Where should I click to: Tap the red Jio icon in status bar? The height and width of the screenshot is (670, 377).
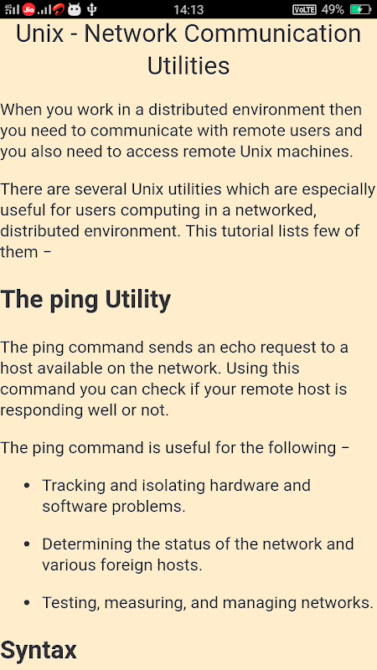tap(29, 9)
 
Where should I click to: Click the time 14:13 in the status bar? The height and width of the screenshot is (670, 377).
tap(188, 9)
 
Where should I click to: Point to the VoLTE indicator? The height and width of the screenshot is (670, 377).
tap(304, 9)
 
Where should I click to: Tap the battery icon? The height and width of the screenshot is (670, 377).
tap(360, 9)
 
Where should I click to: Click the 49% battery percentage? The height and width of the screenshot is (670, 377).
tap(333, 9)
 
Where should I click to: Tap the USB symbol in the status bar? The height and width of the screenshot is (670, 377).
tap(91, 9)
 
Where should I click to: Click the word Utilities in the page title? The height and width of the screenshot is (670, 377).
tap(188, 66)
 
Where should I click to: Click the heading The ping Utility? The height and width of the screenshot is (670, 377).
tap(85, 301)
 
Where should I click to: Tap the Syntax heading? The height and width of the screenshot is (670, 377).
tap(39, 650)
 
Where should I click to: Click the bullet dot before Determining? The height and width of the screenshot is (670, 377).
tap(27, 544)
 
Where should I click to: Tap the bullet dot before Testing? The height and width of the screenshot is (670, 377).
tap(27, 603)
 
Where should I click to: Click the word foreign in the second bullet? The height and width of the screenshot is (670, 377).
tap(127, 566)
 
